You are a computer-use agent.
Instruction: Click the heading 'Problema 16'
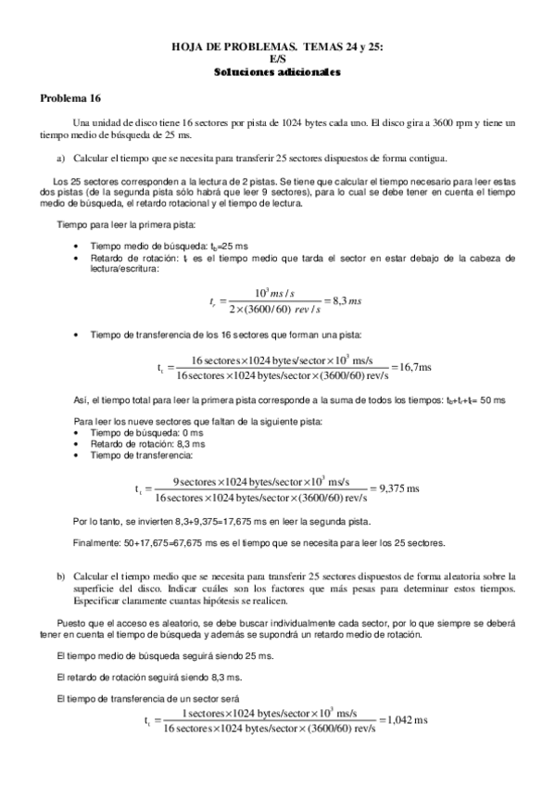69,97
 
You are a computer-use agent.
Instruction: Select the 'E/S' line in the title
278,57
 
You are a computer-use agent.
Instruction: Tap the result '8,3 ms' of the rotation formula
343,300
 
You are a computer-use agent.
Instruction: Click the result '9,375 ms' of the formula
396,488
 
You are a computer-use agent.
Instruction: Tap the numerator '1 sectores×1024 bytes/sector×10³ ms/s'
269,712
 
